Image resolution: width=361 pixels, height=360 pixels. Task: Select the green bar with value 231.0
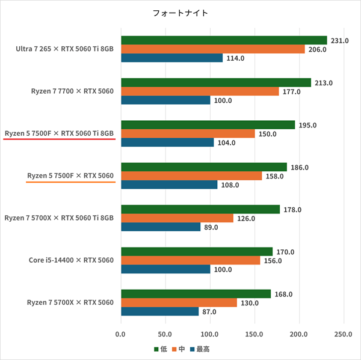click(224, 40)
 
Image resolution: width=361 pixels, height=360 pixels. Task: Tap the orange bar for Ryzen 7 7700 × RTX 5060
click(200, 91)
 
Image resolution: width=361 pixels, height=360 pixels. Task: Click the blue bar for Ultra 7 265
click(171, 58)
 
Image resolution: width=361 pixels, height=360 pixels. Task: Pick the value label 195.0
click(308, 125)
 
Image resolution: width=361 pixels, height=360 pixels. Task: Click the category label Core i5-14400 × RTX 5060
click(72, 260)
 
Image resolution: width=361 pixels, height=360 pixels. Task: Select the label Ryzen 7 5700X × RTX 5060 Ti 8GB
click(59, 218)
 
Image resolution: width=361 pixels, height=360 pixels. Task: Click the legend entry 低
click(162, 349)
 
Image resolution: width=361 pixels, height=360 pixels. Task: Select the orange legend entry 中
click(179, 349)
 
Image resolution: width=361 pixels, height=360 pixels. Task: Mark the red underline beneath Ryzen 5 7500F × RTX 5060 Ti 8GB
click(59, 139)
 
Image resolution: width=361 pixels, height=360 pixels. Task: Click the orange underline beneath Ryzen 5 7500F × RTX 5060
click(71, 182)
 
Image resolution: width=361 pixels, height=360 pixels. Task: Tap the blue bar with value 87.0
click(159, 311)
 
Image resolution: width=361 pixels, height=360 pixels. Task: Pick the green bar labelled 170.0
click(197, 251)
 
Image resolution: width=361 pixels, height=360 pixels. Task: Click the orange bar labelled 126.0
click(177, 218)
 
